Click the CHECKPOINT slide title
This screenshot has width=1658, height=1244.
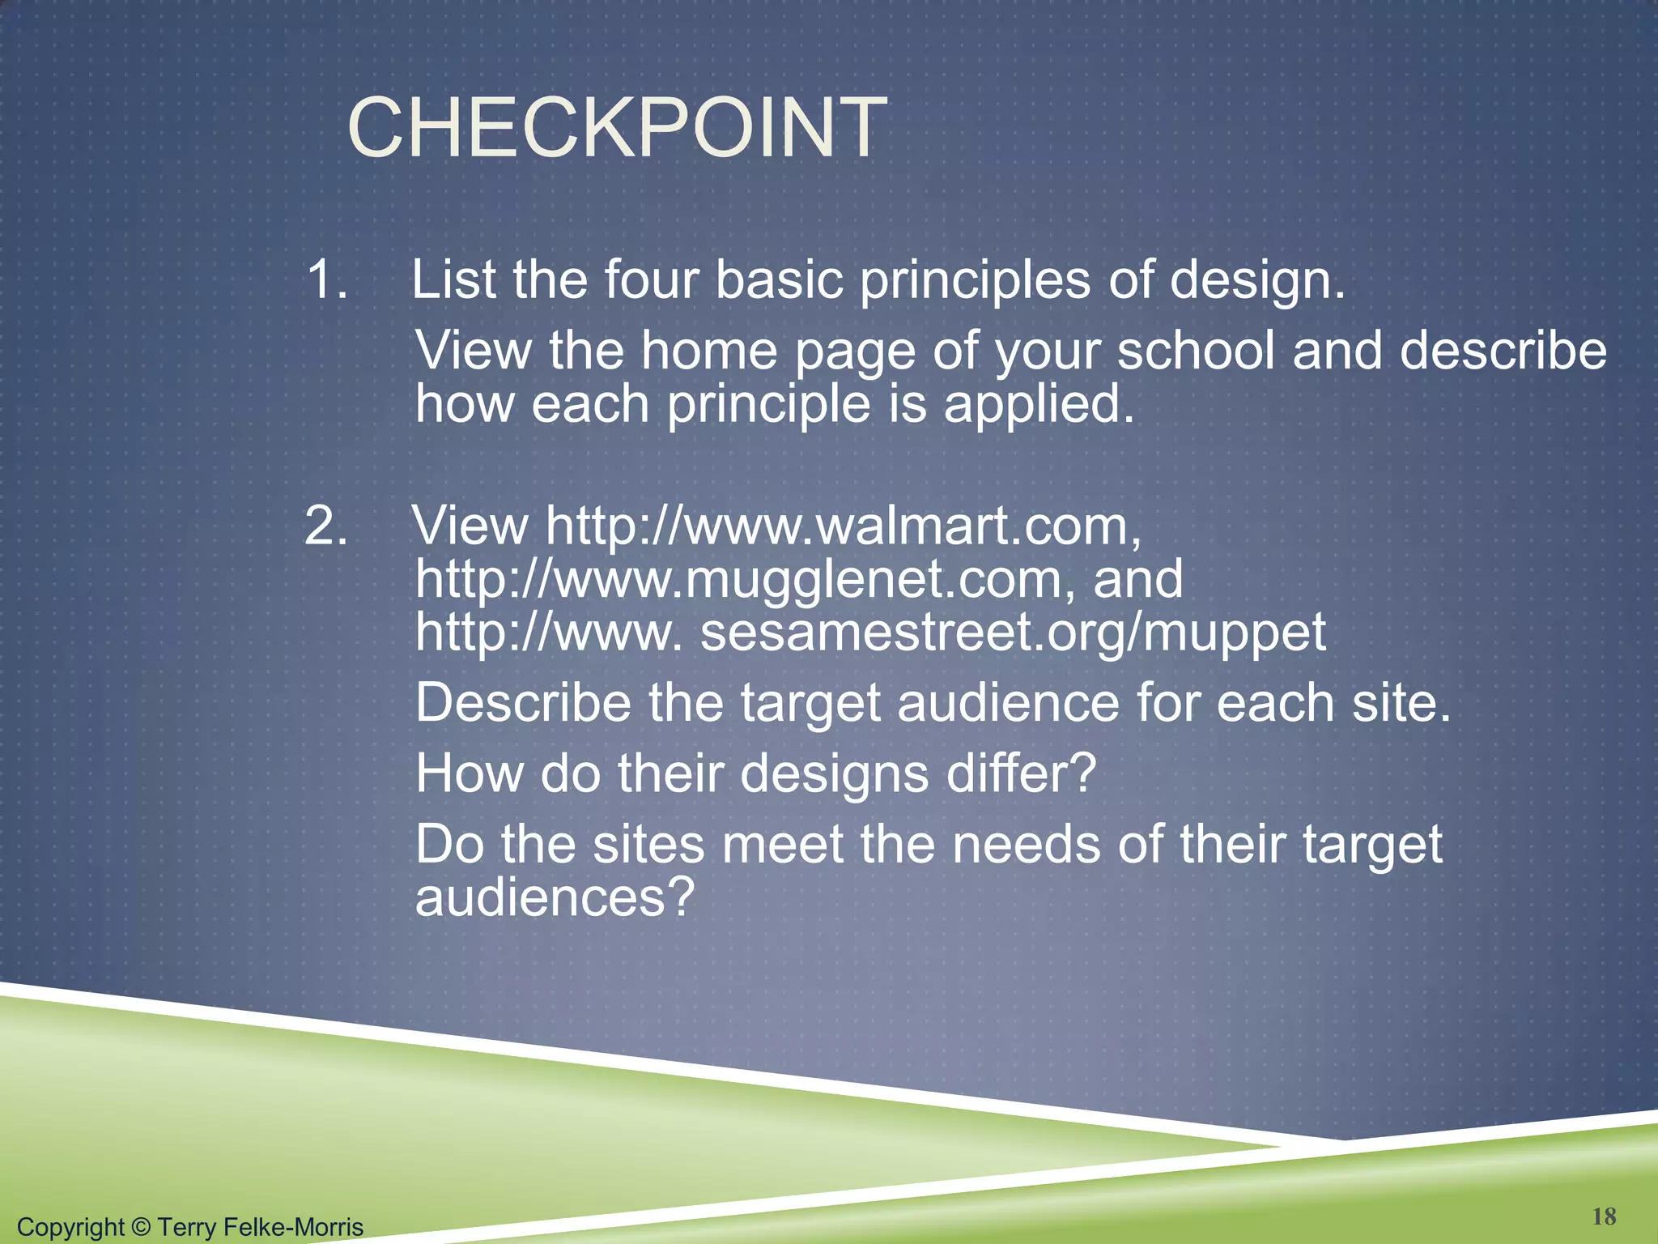click(x=617, y=128)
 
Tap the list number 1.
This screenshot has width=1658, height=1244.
click(x=327, y=280)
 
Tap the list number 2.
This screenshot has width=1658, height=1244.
click(x=326, y=526)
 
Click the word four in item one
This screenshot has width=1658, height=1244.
click(x=652, y=280)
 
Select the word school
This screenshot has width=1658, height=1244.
click(x=1195, y=351)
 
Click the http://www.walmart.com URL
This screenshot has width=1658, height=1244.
click(x=843, y=526)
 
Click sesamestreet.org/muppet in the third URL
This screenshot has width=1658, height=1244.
click(x=1012, y=633)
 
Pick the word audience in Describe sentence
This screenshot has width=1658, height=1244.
click(x=1008, y=702)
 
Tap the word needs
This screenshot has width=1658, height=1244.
click(x=1026, y=845)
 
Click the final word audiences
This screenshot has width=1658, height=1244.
click(x=555, y=898)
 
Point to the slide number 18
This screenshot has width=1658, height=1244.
click(x=1604, y=1216)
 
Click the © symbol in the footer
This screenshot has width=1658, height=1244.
click(x=141, y=1227)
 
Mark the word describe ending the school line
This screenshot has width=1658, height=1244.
click(x=1503, y=351)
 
